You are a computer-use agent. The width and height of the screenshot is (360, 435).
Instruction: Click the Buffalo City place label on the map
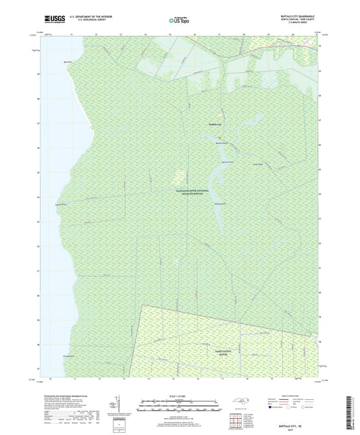click(214, 124)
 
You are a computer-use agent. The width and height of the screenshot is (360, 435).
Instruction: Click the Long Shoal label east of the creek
click(256, 164)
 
